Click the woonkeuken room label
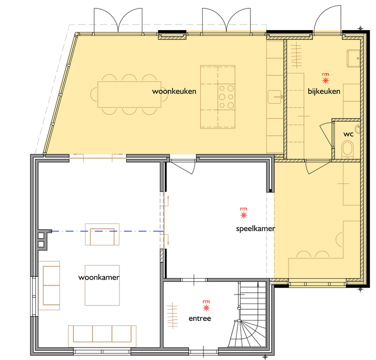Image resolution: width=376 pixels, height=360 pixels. (x=174, y=91)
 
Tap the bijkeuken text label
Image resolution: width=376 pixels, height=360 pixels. (x=324, y=91)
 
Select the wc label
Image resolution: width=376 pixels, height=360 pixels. (x=348, y=134)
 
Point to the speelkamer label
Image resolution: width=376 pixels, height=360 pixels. (x=255, y=229)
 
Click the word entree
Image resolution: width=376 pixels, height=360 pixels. (x=200, y=319)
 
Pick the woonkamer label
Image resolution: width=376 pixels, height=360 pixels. (x=99, y=277)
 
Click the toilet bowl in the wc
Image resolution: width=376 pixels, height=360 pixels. (x=347, y=149)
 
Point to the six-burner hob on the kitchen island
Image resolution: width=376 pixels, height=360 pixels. (x=226, y=97)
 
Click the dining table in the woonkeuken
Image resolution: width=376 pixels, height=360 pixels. (x=129, y=95)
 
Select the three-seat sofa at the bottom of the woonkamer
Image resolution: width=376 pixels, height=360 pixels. (x=102, y=336)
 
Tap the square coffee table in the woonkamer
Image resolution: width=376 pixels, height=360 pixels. (x=102, y=285)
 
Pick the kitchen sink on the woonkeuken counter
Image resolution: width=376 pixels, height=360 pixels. (x=275, y=97)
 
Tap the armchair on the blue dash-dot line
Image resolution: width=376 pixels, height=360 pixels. (x=102, y=234)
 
